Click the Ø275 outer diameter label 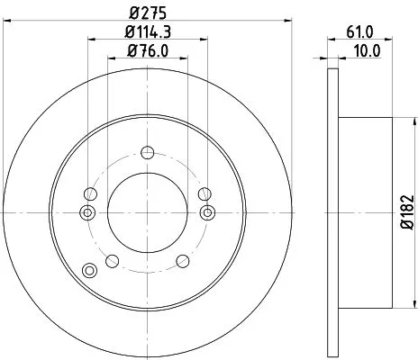click(x=148, y=13)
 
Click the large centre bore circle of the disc click(x=148, y=212)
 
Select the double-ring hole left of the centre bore click(x=86, y=212)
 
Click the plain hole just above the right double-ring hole click(x=205, y=193)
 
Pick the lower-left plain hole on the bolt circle click(x=112, y=261)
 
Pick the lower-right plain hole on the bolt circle click(x=184, y=261)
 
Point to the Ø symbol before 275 click(x=133, y=13)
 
